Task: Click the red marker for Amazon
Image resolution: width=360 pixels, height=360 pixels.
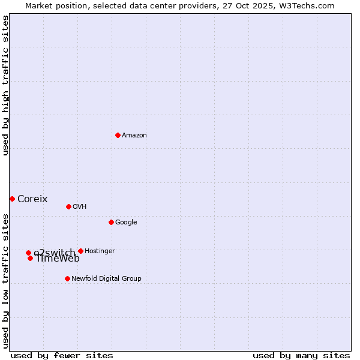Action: click(118, 135)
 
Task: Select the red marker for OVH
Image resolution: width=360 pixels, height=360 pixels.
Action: click(68, 206)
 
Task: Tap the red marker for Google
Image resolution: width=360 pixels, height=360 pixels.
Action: click(111, 222)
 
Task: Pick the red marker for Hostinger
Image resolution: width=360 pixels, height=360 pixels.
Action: click(80, 251)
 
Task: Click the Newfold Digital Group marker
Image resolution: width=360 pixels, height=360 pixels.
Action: click(67, 278)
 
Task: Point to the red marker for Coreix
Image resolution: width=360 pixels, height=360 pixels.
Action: click(12, 199)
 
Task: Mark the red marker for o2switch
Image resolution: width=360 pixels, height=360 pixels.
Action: click(28, 253)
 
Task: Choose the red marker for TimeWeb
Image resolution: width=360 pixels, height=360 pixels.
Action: click(30, 258)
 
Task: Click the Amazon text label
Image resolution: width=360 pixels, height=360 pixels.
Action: click(134, 135)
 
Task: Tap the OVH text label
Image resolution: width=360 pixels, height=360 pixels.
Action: click(80, 206)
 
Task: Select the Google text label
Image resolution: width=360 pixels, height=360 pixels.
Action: click(126, 222)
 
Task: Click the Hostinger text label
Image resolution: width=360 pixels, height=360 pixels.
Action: click(100, 251)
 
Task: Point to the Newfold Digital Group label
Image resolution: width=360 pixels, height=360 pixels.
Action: click(106, 278)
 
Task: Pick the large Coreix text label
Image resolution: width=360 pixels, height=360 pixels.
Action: click(32, 199)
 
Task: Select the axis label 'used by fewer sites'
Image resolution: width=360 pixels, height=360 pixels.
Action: click(62, 355)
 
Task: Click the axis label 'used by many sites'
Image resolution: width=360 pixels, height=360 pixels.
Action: click(301, 355)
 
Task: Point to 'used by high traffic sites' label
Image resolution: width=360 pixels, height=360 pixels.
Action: click(5, 85)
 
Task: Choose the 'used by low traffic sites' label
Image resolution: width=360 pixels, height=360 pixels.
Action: click(5, 281)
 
